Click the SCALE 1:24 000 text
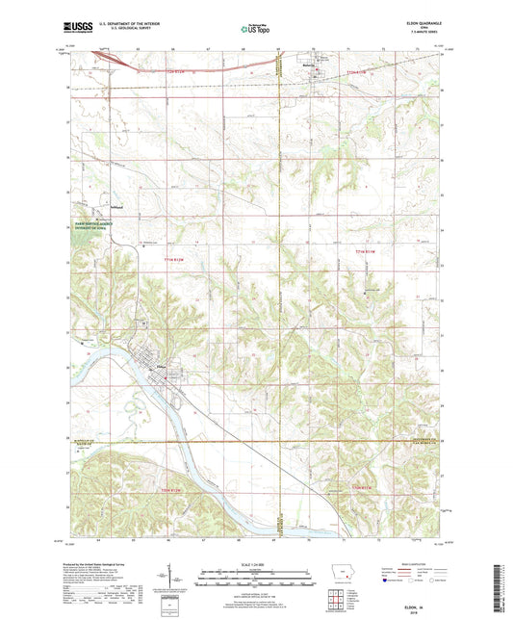[x=255, y=562]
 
